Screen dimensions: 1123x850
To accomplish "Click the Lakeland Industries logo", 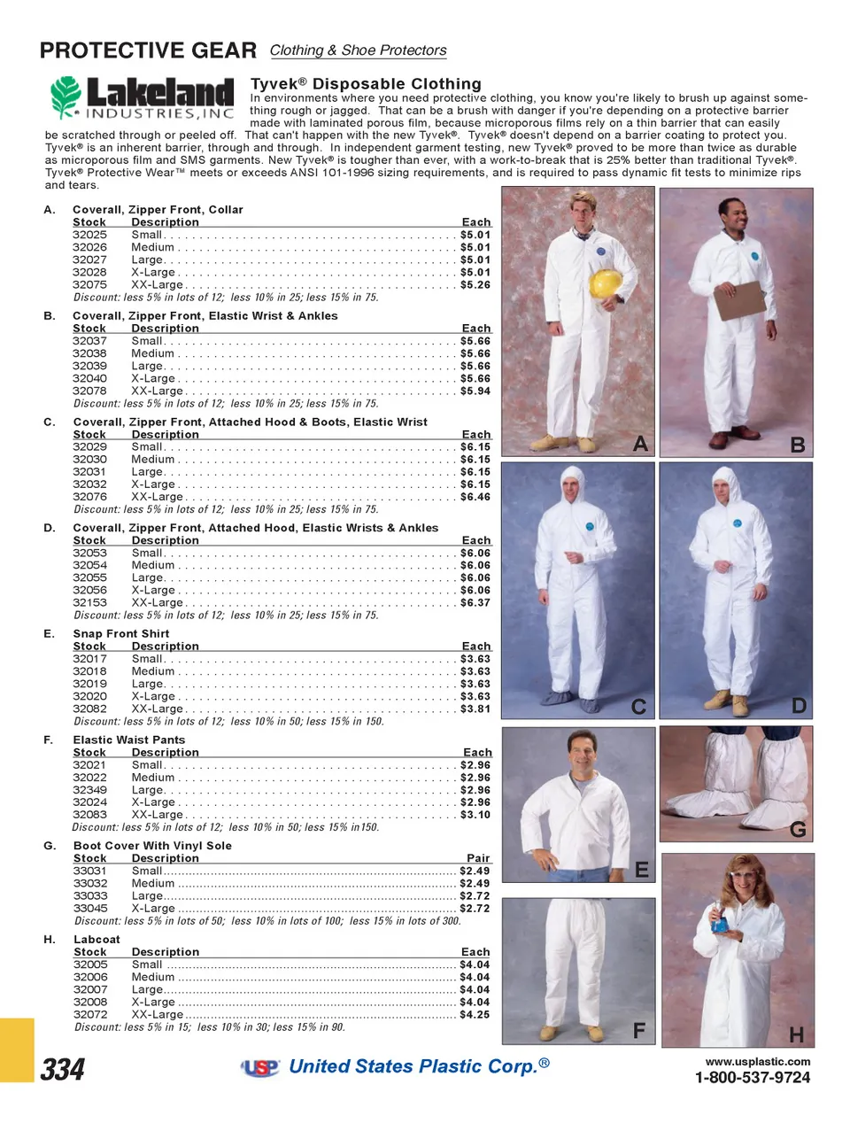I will [143, 97].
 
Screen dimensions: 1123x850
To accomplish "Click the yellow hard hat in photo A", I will [606, 283].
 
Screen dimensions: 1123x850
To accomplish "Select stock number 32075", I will [89, 285].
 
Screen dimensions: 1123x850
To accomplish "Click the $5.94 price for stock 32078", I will [475, 391].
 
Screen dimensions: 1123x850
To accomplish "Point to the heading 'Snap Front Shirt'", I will [120, 633].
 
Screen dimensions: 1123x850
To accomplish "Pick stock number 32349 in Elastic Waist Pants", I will [89, 790].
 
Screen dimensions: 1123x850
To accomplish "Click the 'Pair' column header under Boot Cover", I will [478, 858].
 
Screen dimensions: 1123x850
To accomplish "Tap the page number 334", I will [63, 1070].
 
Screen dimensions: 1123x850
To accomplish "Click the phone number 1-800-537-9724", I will [752, 1078].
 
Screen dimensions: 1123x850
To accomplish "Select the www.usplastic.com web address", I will [757, 1061].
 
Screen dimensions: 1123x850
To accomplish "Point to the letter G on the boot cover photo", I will [798, 830].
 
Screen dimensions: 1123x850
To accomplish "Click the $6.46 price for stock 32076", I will [475, 497].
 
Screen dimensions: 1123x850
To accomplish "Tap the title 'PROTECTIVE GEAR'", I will [148, 50].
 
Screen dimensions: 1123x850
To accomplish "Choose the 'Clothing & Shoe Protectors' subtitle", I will [358, 50].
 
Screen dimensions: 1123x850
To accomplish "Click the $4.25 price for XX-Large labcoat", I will [475, 1015].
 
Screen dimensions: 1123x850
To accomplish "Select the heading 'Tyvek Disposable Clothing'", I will [366, 84].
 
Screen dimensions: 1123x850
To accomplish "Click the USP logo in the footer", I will [260, 1068].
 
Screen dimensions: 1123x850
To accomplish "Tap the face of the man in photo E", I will [582, 754].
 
